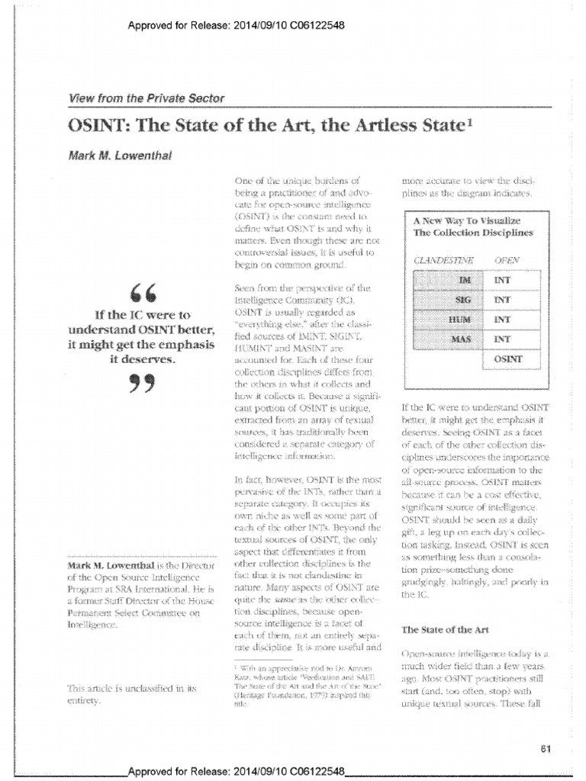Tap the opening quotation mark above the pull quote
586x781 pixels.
tap(134, 294)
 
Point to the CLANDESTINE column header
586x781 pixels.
tap(443, 260)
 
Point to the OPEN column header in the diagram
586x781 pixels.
tap(507, 260)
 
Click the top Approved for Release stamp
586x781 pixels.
tap(237, 24)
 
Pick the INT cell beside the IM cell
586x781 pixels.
tap(503, 281)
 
